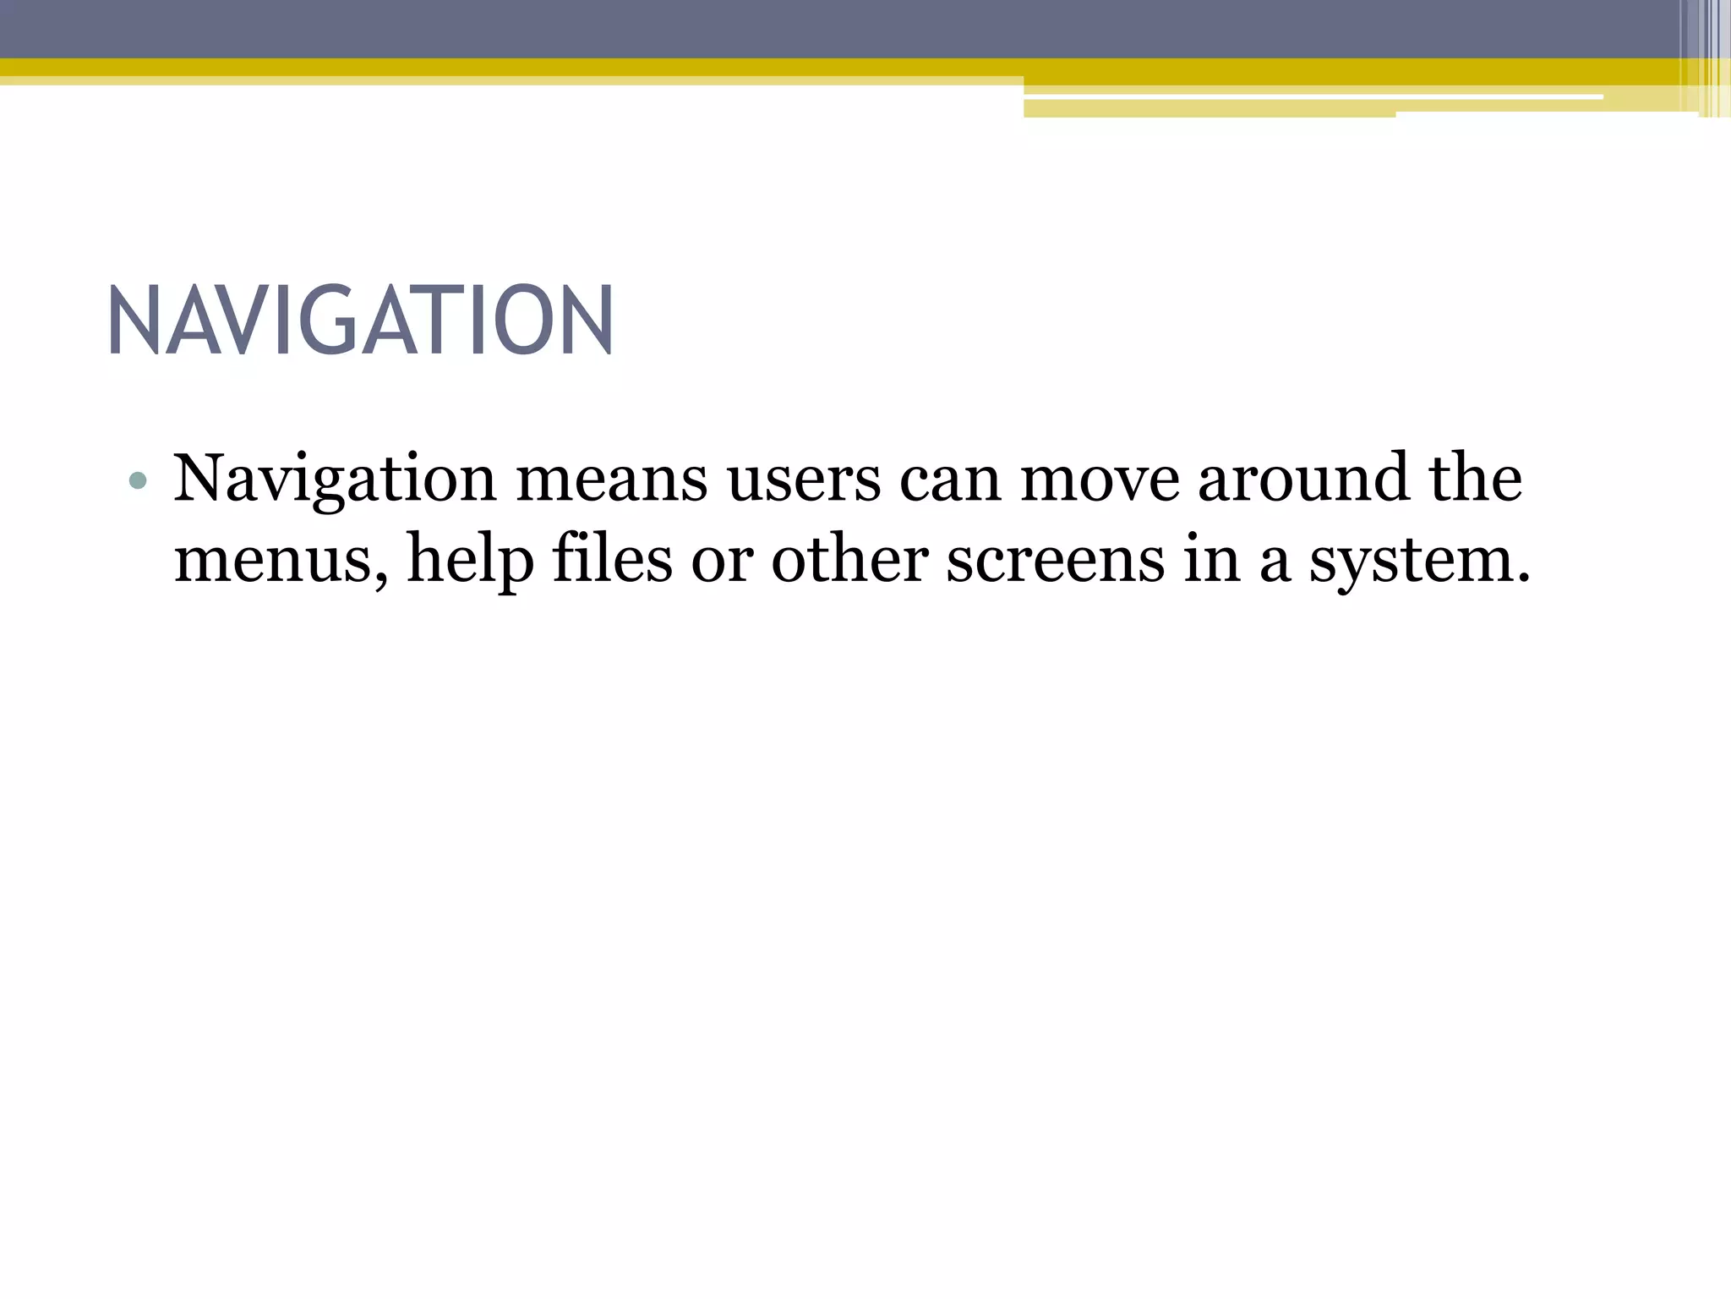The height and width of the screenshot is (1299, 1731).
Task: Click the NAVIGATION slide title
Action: pos(361,321)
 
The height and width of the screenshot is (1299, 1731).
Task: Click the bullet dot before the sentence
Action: pos(138,482)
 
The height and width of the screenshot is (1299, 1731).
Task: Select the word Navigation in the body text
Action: pos(335,480)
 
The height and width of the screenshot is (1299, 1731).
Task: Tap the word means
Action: pos(612,480)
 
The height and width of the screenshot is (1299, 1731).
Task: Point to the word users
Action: pos(804,480)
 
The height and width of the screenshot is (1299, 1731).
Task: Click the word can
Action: pos(950,480)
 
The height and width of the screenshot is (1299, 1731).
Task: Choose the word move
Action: pos(1100,480)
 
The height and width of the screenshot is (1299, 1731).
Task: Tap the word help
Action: pos(471,561)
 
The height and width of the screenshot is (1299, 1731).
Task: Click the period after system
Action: pos(1523,578)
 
